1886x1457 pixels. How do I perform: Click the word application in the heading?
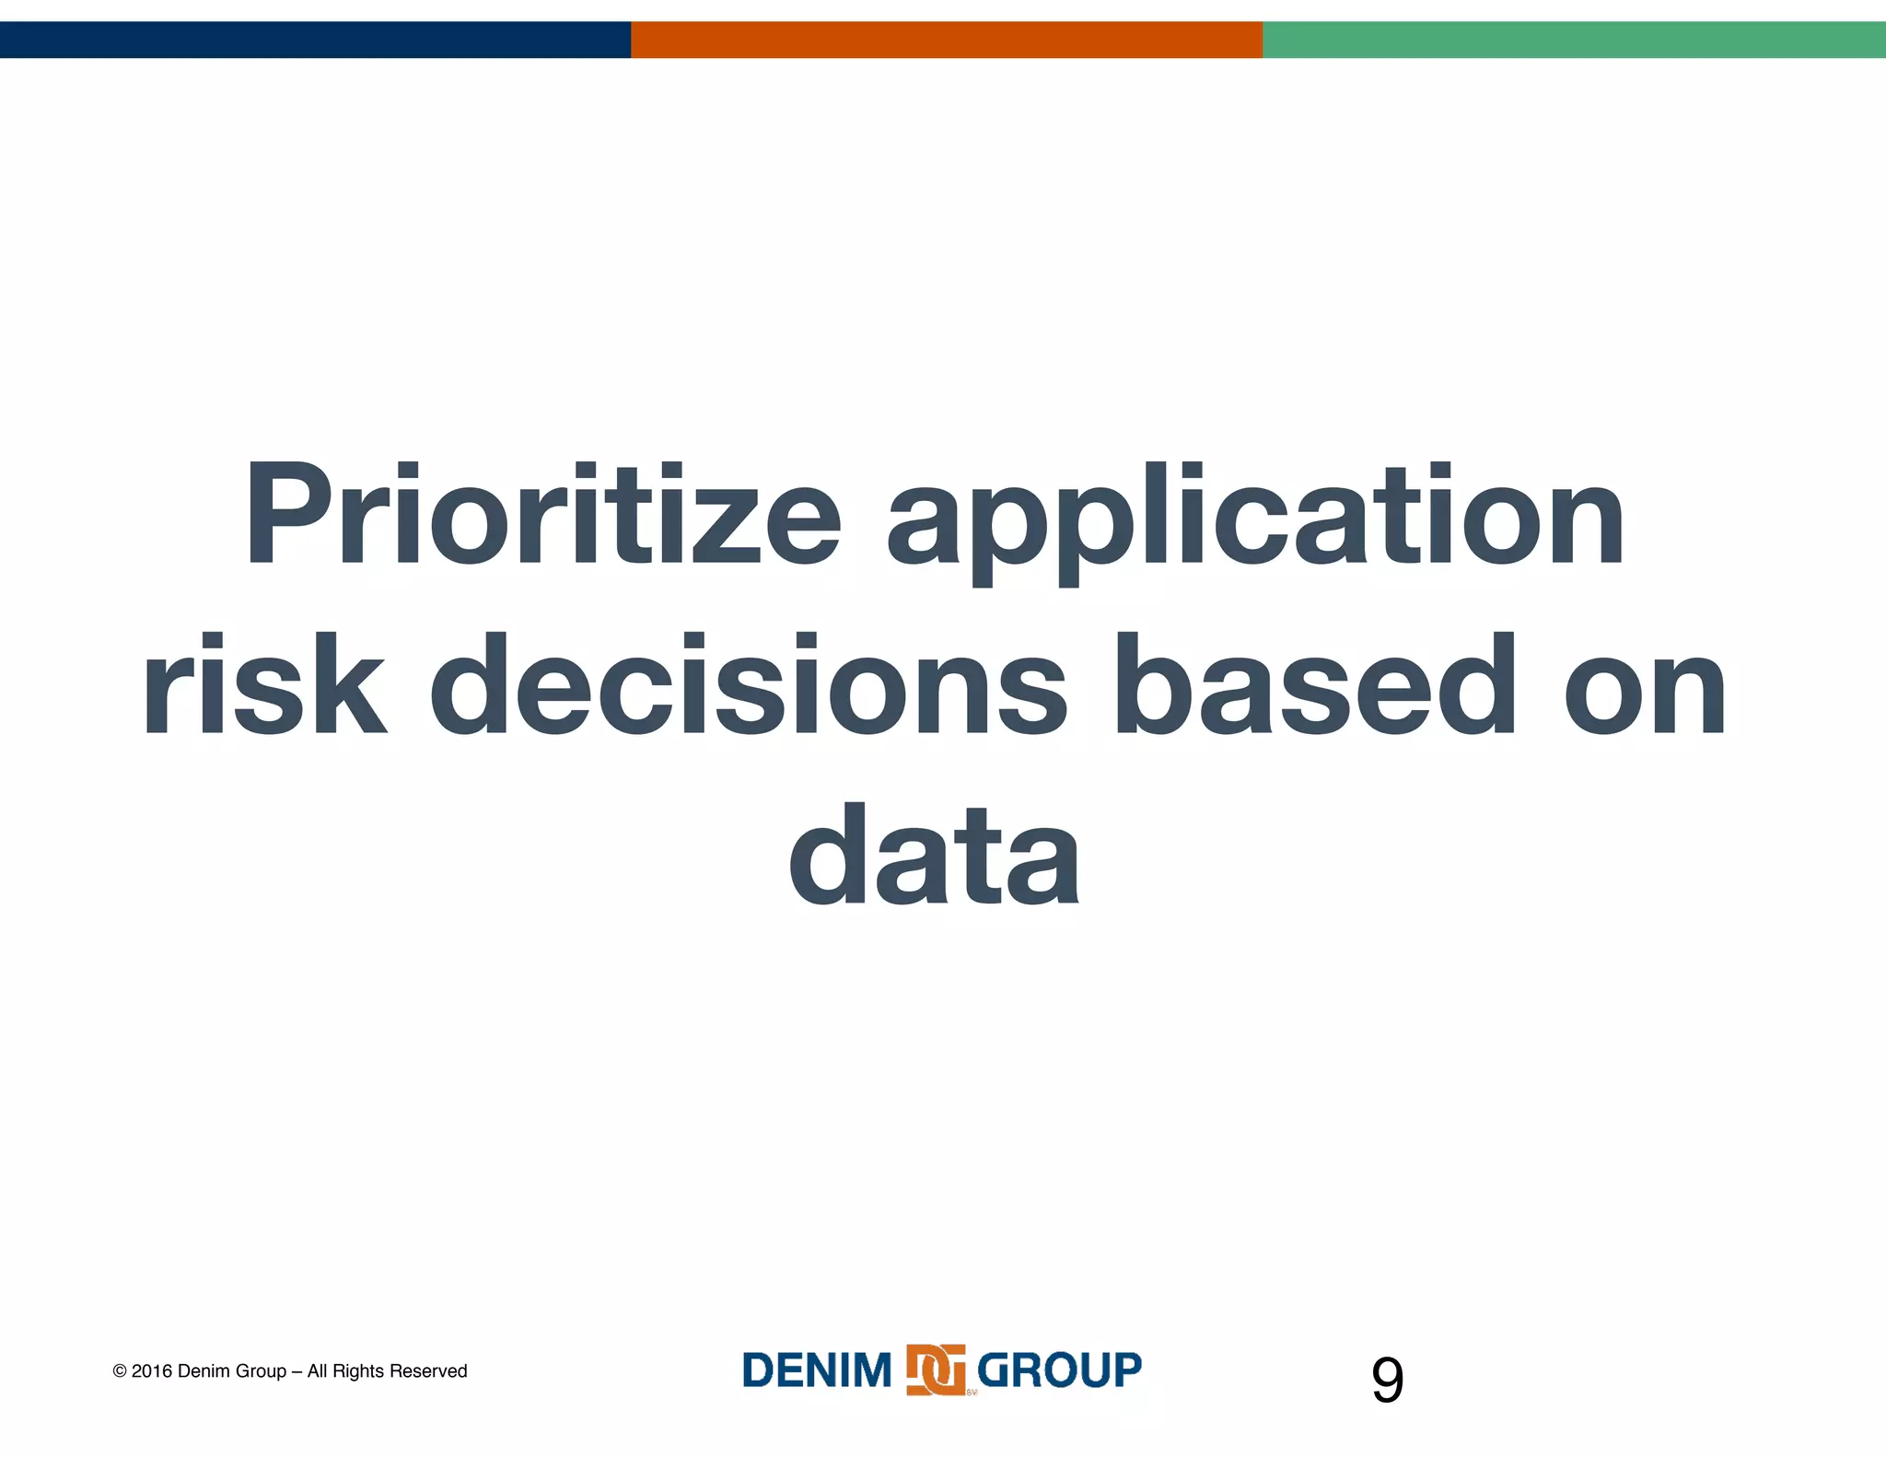click(1255, 520)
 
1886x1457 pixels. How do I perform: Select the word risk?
click(263, 685)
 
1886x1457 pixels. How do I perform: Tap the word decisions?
click(748, 685)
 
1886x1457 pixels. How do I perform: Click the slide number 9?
click(1387, 1381)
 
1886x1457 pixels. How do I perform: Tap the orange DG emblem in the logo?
click(936, 1370)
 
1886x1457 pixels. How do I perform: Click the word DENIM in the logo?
click(817, 1370)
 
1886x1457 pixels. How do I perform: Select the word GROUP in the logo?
click(1059, 1370)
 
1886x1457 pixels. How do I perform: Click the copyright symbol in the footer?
click(120, 1371)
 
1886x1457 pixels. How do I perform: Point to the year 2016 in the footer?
click(152, 1371)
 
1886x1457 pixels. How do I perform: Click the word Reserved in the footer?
click(428, 1371)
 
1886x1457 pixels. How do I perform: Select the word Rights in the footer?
click(358, 1371)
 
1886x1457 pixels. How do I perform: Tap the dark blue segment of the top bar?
click(315, 40)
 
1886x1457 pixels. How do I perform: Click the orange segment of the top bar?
click(946, 40)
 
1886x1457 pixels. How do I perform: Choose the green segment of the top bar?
click(1574, 40)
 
